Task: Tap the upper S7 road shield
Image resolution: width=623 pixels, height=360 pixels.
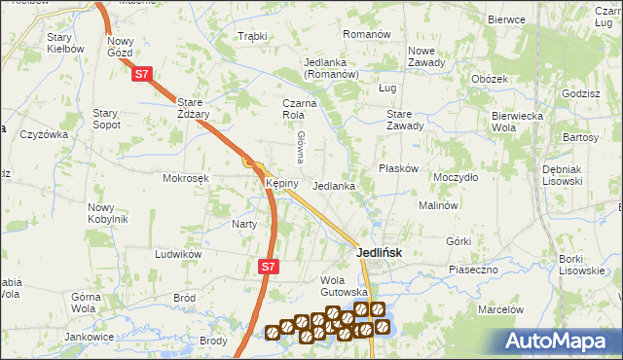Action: tap(142, 73)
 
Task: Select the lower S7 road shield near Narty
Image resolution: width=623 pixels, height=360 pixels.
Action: tap(270, 265)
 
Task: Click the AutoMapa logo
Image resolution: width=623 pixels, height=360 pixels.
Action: tap(559, 341)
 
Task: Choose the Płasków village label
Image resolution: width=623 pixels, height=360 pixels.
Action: tap(398, 168)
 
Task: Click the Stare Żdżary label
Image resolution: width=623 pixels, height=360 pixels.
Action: tap(202, 106)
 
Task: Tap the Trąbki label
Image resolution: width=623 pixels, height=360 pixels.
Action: tap(252, 37)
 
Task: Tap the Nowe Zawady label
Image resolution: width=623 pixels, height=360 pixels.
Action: tap(426, 56)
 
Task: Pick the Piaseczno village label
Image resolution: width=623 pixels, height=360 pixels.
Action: tap(473, 269)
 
